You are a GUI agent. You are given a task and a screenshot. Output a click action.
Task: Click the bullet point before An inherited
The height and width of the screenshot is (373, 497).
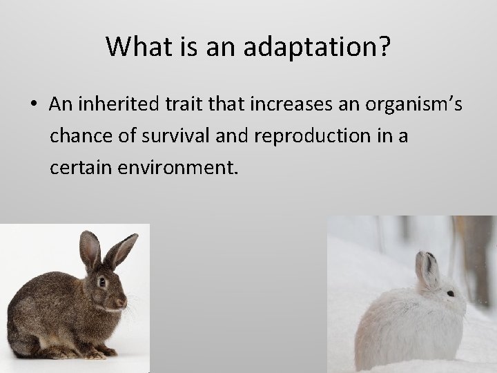(x=34, y=105)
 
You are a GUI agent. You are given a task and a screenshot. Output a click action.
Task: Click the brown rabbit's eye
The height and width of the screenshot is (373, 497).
(x=102, y=282)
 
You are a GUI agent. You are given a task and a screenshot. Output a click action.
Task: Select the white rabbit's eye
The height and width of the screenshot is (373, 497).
(x=451, y=294)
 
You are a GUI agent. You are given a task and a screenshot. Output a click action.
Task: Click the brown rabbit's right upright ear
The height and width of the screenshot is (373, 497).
(x=121, y=250)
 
